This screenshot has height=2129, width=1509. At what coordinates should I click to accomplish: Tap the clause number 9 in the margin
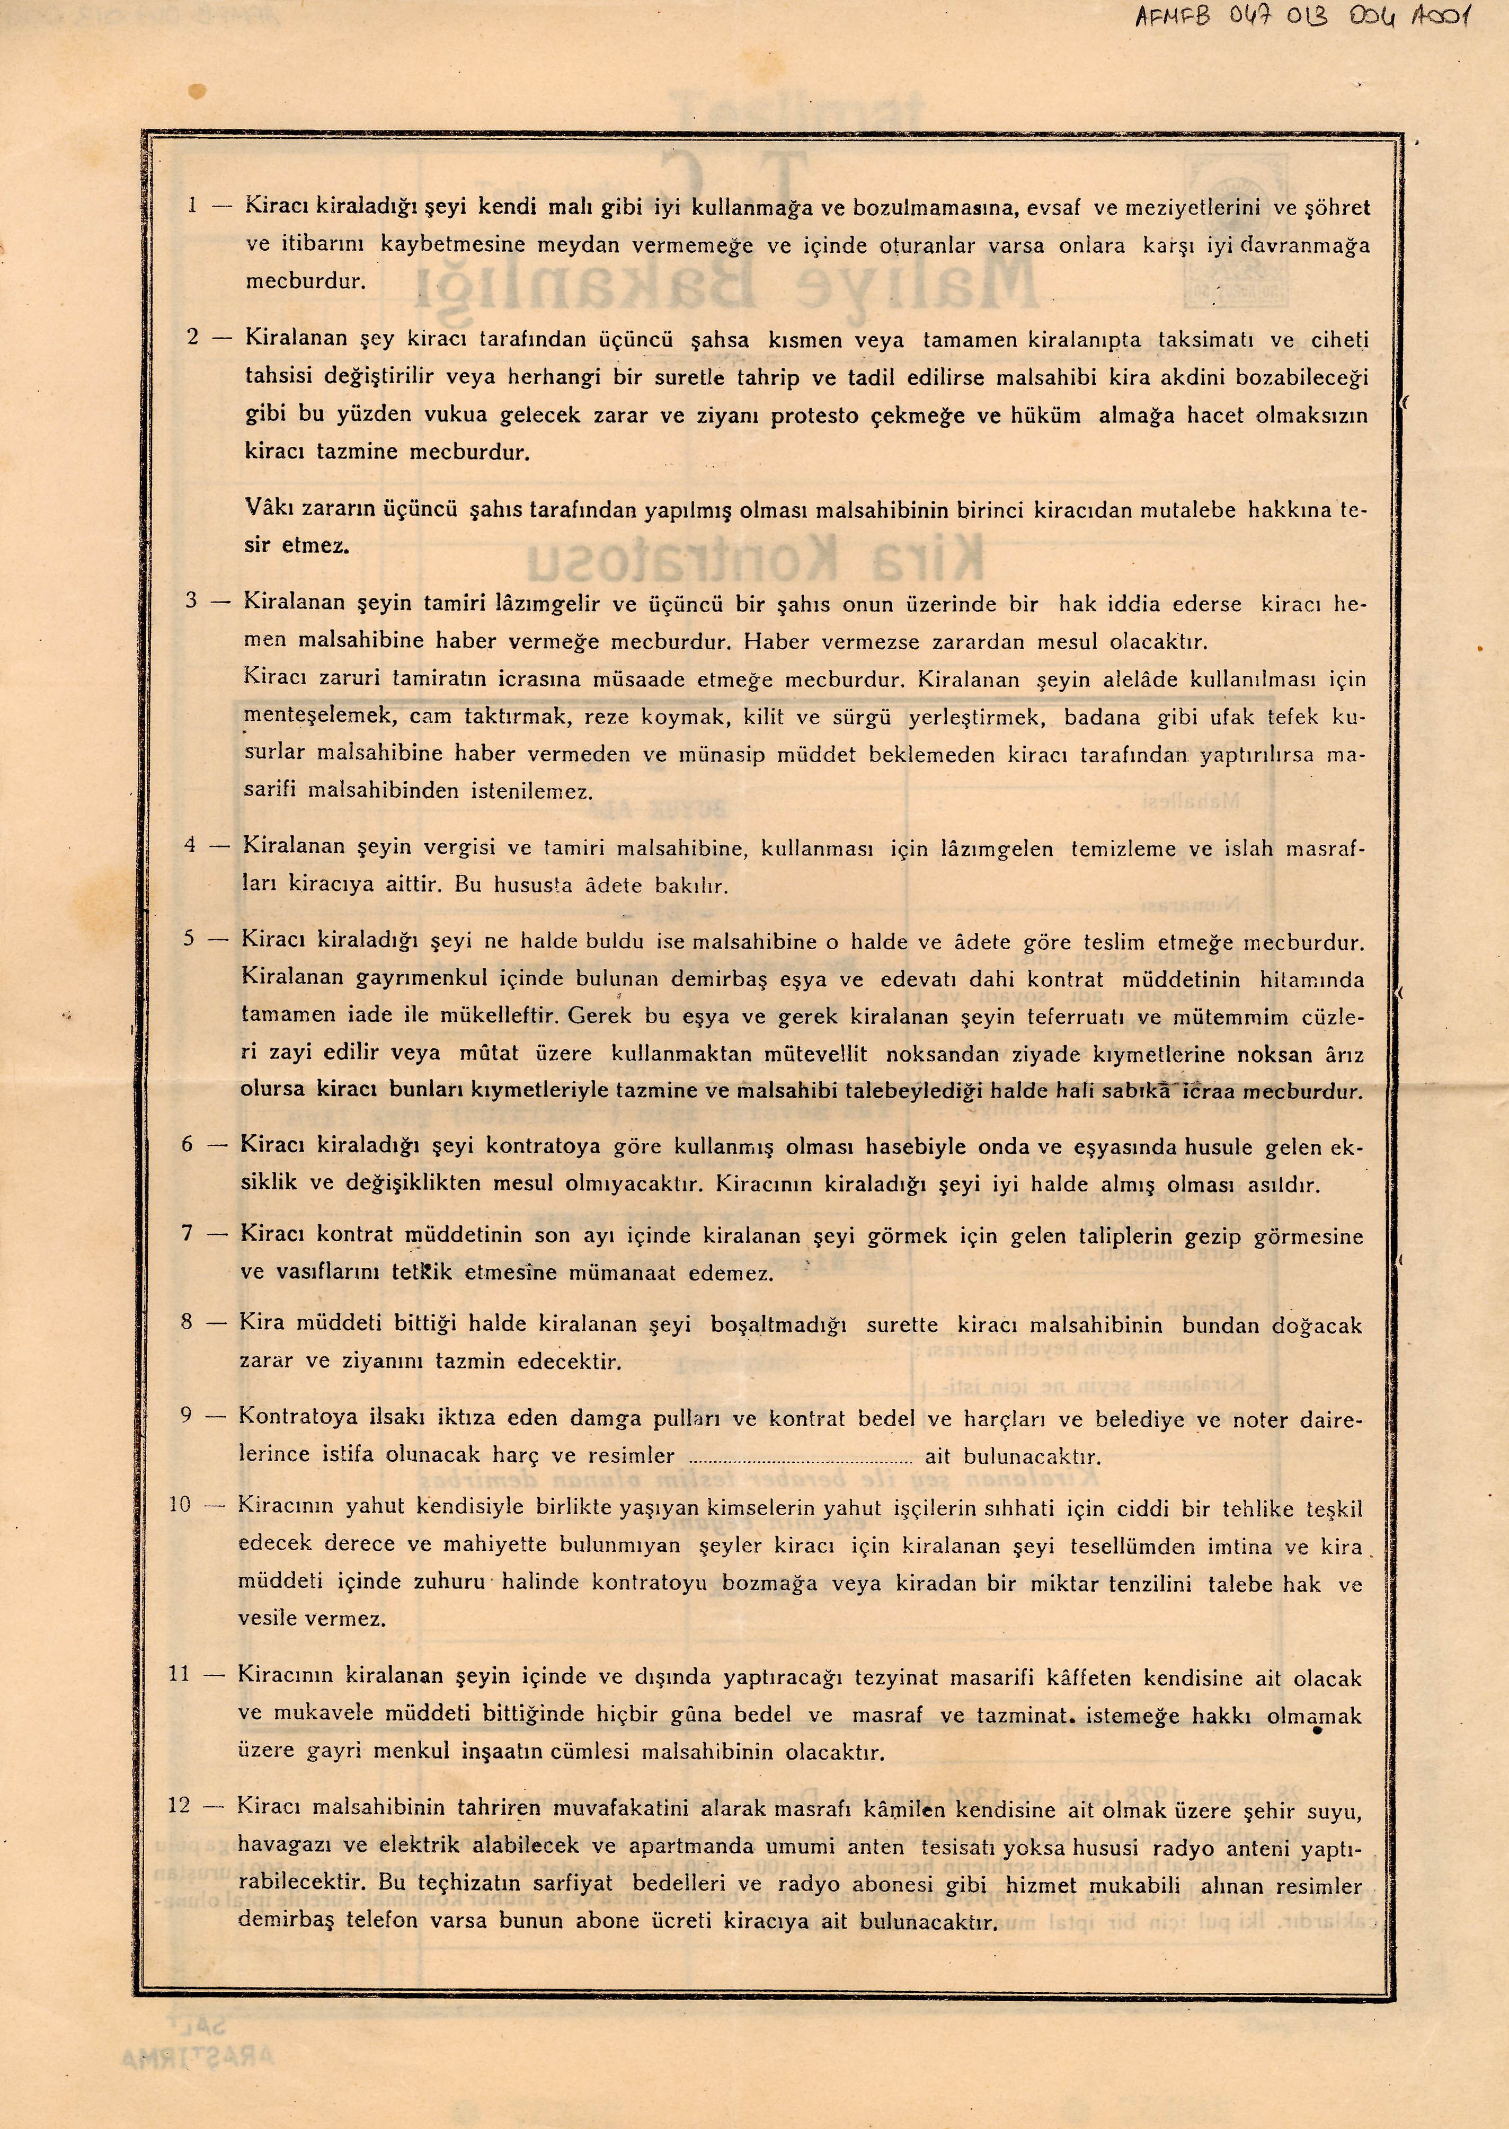pyautogui.click(x=187, y=1417)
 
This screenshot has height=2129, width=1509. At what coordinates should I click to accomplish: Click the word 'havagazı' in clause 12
pyautogui.click(x=279, y=1844)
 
